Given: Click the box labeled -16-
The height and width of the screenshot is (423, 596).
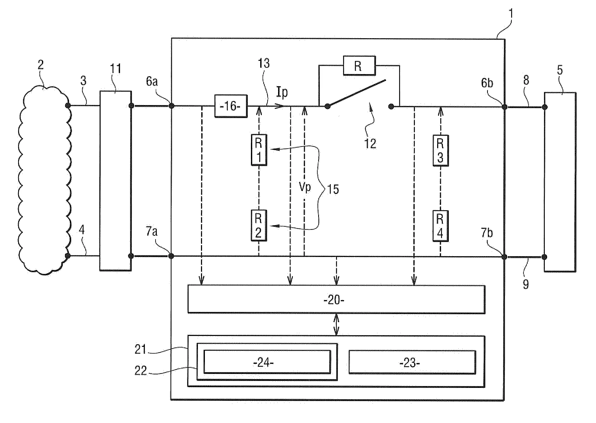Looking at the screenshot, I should [x=230, y=106].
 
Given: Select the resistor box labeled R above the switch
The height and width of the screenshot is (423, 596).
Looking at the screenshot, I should [x=359, y=66].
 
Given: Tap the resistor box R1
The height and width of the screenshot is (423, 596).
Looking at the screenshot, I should [x=259, y=150].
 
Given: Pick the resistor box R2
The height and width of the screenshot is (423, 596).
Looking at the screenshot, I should [x=258, y=225].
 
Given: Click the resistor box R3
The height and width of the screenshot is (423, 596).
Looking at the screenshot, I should [x=440, y=151].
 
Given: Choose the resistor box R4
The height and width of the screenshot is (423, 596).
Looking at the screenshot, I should [x=440, y=226].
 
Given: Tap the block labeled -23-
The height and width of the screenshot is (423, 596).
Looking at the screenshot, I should [x=412, y=362].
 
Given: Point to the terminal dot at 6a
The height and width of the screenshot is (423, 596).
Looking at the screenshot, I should [x=172, y=106].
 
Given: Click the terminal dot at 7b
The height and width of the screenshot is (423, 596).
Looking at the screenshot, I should [x=504, y=257].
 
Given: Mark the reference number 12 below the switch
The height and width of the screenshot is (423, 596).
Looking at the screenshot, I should [x=370, y=144].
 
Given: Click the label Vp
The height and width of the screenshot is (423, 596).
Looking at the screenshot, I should [x=305, y=187].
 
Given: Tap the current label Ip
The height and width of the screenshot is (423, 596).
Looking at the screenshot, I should [x=282, y=92].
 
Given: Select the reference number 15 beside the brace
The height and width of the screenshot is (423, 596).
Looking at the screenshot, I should [x=333, y=189].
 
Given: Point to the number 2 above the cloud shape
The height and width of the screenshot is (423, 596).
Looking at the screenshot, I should [x=41, y=65].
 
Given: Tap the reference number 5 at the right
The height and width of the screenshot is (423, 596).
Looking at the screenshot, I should [x=560, y=70].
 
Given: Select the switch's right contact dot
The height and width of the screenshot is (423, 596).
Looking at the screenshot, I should [x=391, y=106].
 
